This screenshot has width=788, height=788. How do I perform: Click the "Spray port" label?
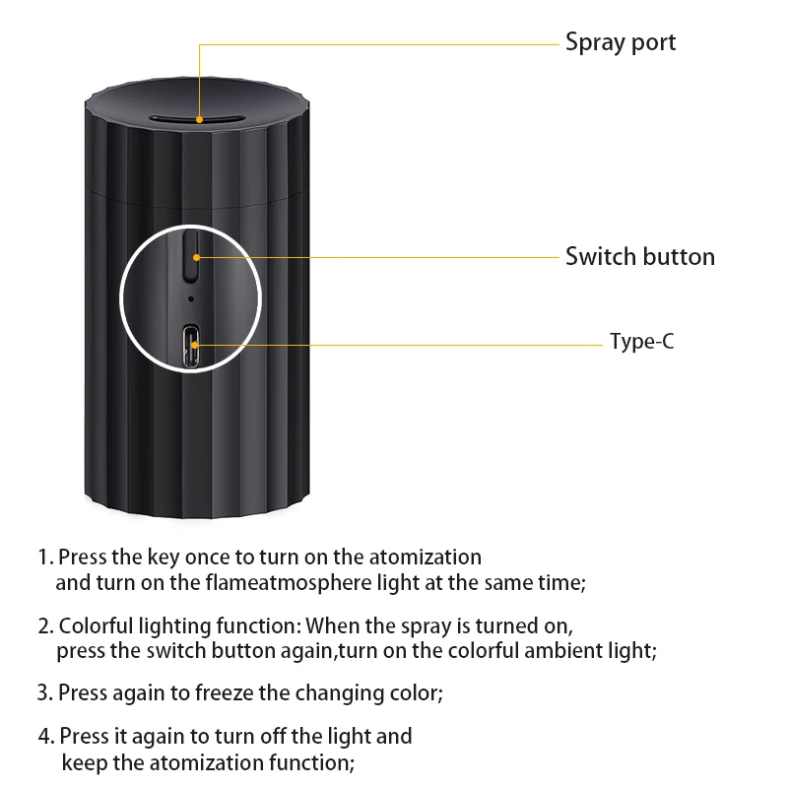621,43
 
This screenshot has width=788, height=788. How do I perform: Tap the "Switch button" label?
640,257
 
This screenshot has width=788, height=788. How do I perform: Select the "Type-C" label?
641,342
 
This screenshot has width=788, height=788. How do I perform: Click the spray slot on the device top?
198,119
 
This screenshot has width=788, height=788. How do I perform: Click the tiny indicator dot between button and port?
190,295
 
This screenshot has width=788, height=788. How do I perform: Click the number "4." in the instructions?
46,736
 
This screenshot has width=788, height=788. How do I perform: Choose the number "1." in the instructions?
45,558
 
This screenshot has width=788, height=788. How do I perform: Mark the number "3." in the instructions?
45,692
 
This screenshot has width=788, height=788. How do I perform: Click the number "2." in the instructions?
46,625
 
